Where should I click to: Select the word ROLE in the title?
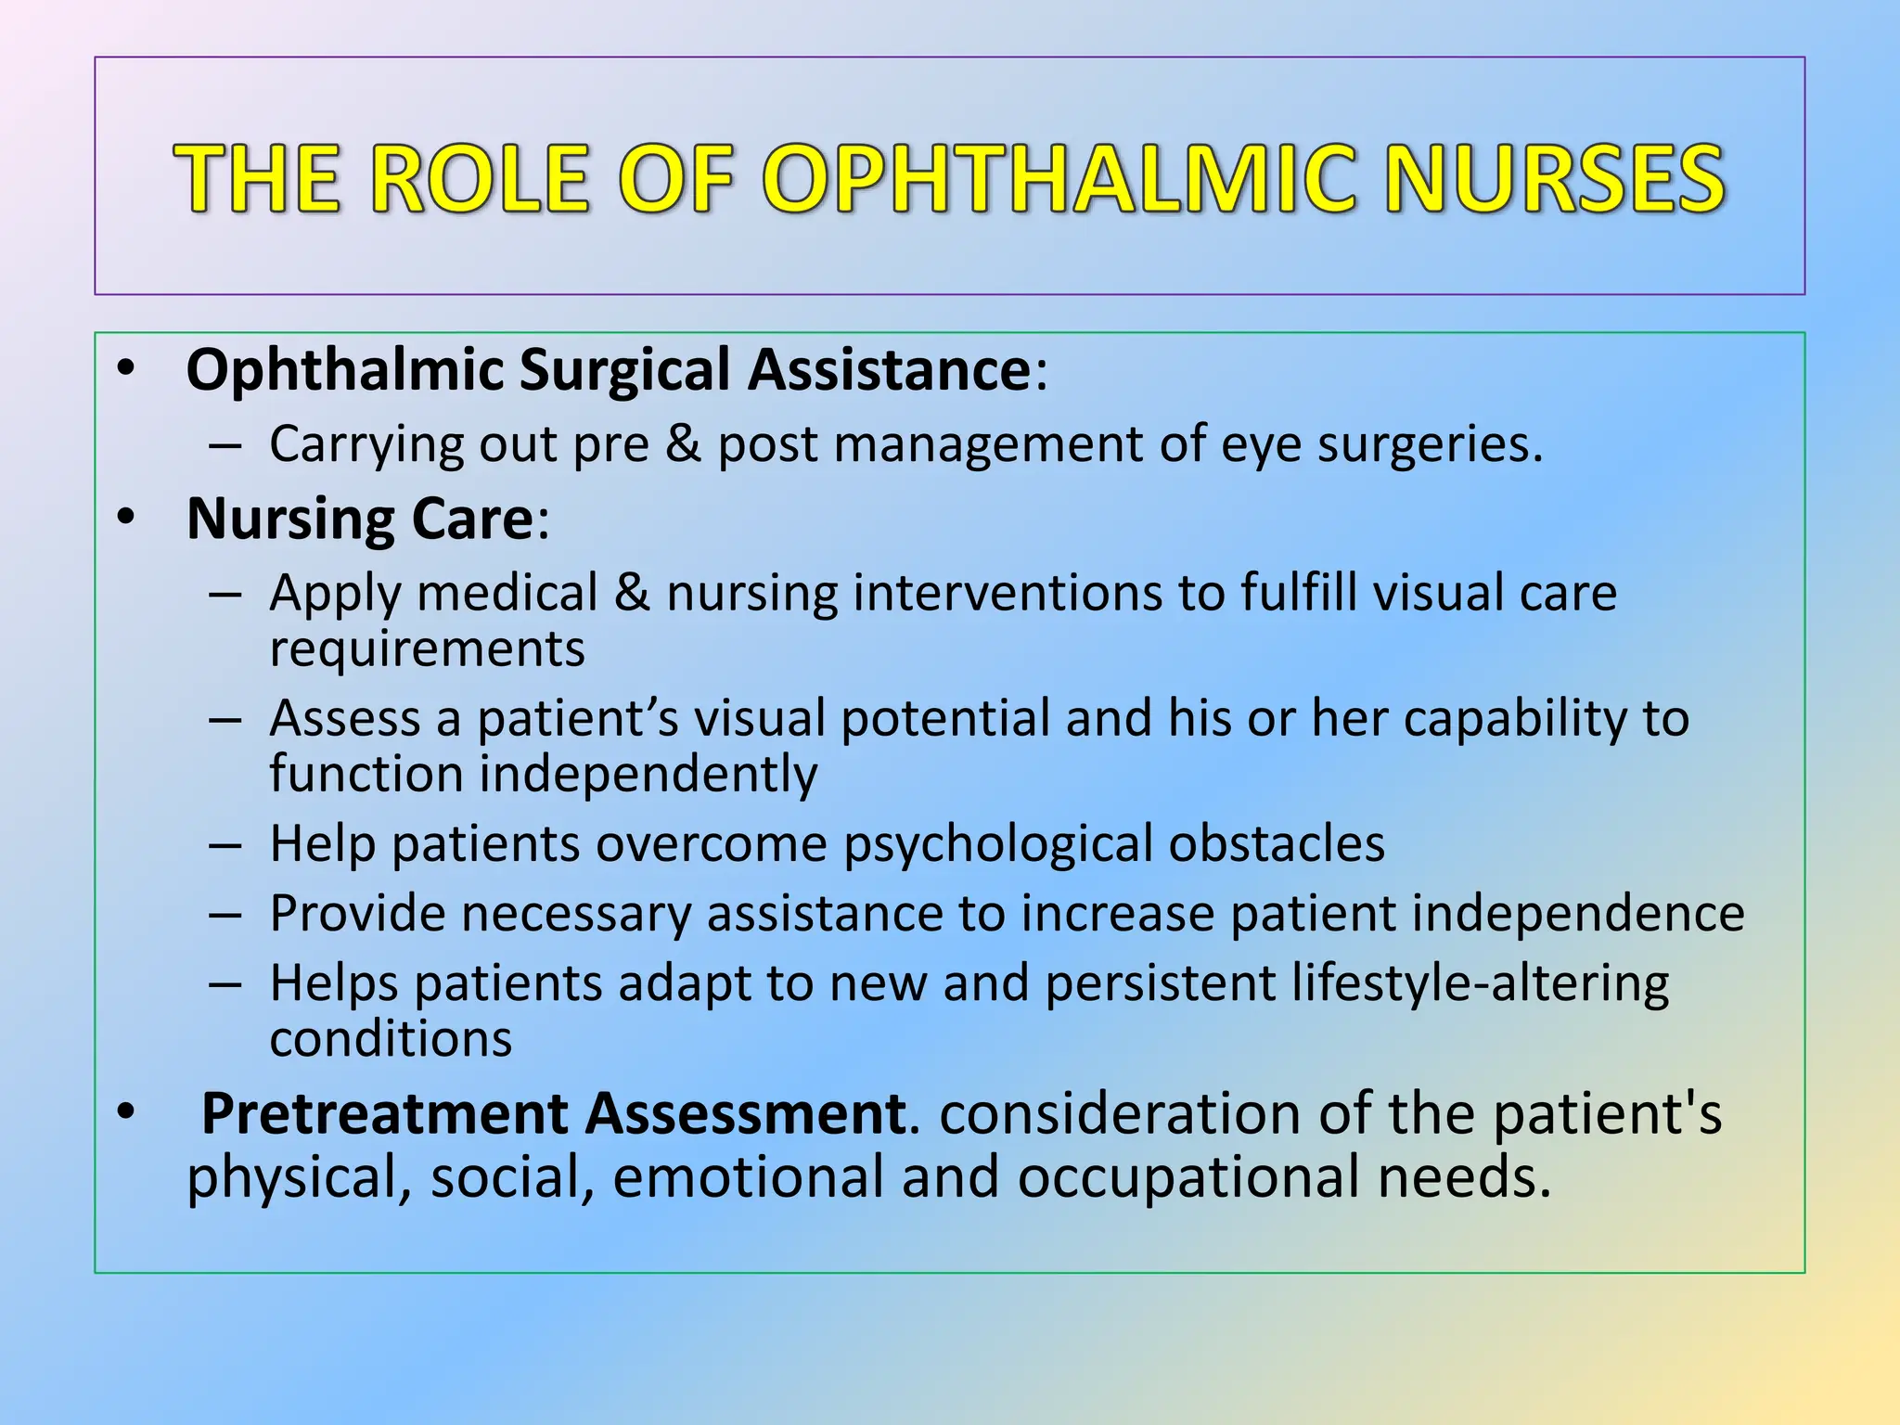482,178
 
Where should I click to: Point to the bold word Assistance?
890,369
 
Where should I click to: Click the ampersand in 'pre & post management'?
683,443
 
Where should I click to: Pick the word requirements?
428,648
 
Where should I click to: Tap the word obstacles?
1277,843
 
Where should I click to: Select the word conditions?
391,1039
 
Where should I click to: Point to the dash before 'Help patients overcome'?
225,845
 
